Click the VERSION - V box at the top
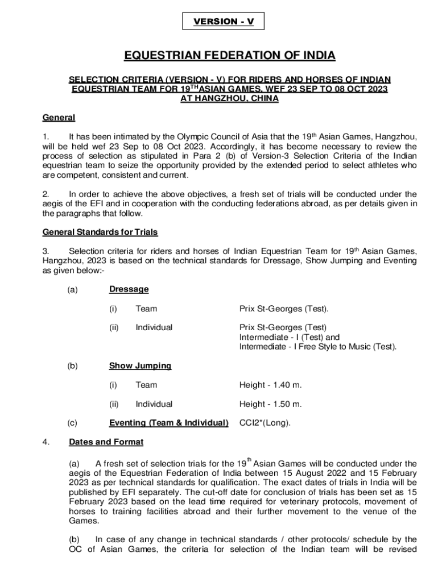[x=222, y=22]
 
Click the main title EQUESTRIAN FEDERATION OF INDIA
[x=230, y=56]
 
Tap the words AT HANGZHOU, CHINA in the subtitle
[x=229, y=98]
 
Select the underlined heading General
[x=59, y=118]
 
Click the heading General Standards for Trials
[x=100, y=232]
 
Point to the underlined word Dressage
[x=129, y=289]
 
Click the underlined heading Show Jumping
[x=140, y=365]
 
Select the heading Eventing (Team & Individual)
[x=168, y=422]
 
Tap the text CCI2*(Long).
[x=265, y=422]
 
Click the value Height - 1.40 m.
[x=270, y=385]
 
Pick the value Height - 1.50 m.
[x=270, y=404]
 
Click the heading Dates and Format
[x=106, y=442]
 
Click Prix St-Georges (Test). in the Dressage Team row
[x=284, y=309]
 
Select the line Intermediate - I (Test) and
[x=289, y=337]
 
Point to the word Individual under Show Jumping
[x=154, y=404]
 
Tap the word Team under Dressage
[x=146, y=309]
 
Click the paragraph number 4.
[x=46, y=442]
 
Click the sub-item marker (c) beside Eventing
[x=72, y=422]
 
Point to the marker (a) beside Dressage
[x=72, y=289]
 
